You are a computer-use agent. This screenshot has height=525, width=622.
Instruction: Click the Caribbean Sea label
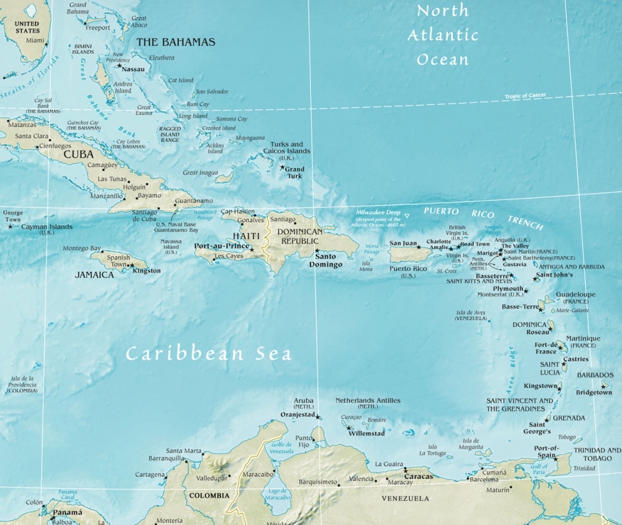[208, 354]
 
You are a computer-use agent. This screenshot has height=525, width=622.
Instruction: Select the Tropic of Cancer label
[525, 97]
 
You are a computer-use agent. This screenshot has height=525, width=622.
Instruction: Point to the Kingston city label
[146, 271]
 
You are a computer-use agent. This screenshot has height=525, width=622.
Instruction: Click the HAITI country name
[242, 236]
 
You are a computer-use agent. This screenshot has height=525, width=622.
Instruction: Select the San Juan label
[403, 243]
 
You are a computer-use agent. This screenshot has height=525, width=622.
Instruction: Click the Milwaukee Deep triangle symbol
[408, 216]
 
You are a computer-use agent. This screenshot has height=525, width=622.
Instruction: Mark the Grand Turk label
[295, 172]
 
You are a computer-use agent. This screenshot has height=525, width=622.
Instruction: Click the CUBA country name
[78, 154]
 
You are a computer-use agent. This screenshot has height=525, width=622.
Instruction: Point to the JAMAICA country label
[94, 275]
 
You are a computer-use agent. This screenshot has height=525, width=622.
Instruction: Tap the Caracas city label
[419, 476]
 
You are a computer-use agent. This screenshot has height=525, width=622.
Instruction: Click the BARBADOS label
[595, 375]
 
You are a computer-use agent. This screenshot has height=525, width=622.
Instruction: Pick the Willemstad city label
[366, 433]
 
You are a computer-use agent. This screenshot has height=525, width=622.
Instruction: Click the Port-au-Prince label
[221, 246]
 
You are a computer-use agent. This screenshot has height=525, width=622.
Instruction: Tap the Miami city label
[36, 41]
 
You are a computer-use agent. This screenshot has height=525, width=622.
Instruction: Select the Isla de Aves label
[471, 315]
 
